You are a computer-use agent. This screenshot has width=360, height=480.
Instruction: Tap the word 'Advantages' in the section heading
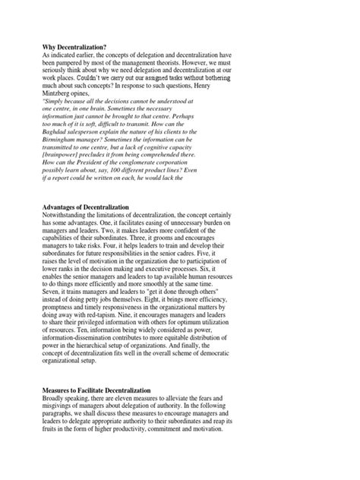tap(63, 207)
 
